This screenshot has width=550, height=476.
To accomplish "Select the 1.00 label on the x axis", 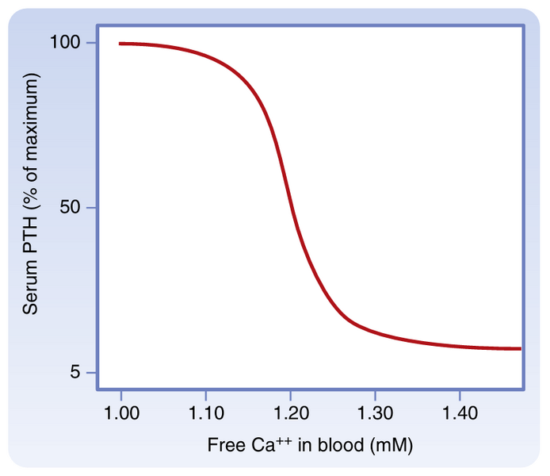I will [121, 413].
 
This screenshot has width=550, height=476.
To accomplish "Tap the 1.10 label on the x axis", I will [205, 413].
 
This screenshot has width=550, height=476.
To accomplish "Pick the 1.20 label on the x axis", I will [290, 413].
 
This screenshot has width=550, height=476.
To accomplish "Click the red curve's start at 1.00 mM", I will [121, 44].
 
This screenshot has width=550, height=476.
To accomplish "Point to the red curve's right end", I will [520, 348].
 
